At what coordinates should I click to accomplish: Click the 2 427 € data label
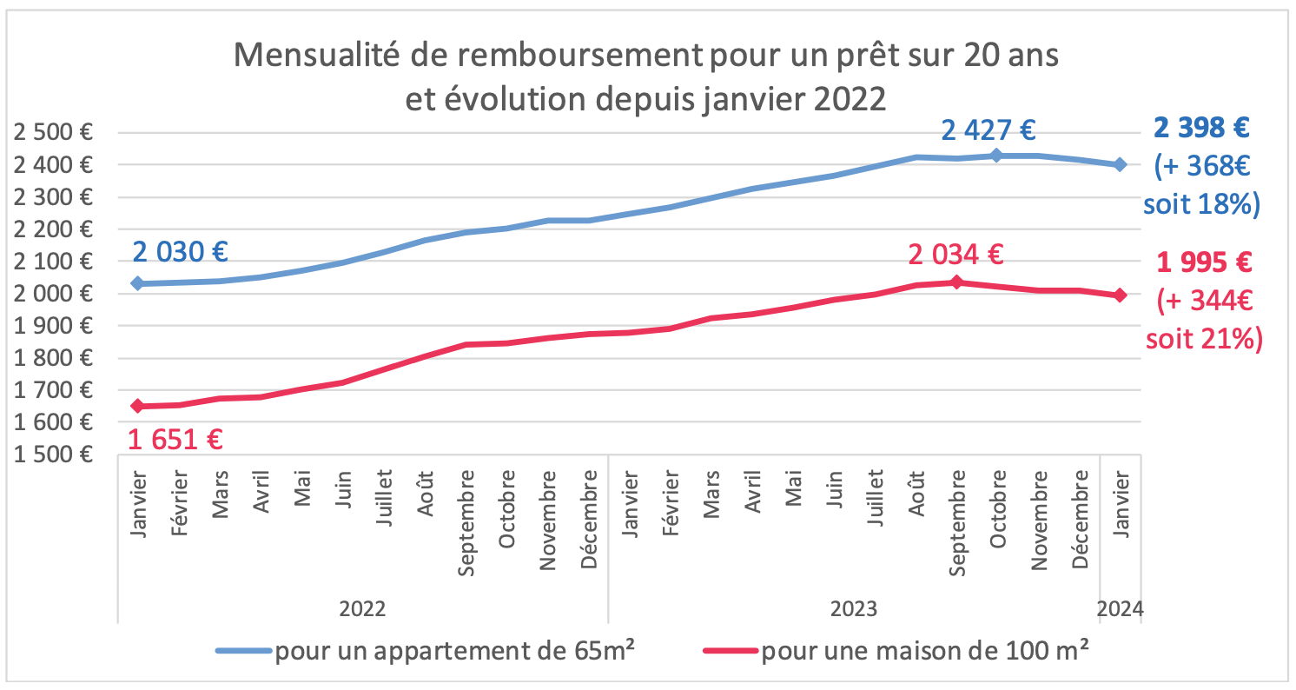(989, 131)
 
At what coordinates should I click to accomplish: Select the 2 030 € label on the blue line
(180, 252)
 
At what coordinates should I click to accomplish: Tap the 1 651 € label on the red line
(175, 439)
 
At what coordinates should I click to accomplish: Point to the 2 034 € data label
(955, 255)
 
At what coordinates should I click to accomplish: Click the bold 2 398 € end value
(1202, 129)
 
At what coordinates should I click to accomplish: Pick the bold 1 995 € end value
(1202, 262)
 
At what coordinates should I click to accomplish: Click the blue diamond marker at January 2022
(137, 283)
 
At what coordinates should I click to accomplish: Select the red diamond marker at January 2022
(137, 406)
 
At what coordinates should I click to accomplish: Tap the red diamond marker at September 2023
(956, 282)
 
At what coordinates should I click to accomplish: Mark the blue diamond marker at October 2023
(997, 156)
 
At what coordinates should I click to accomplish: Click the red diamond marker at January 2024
(1121, 295)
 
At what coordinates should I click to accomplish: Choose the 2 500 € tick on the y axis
(54, 133)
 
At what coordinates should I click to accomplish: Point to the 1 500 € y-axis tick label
(54, 454)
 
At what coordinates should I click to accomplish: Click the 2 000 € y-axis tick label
(54, 294)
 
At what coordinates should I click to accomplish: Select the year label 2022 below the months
(362, 608)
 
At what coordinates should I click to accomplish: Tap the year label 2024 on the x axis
(1121, 608)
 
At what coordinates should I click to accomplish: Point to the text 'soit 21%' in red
(1202, 338)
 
